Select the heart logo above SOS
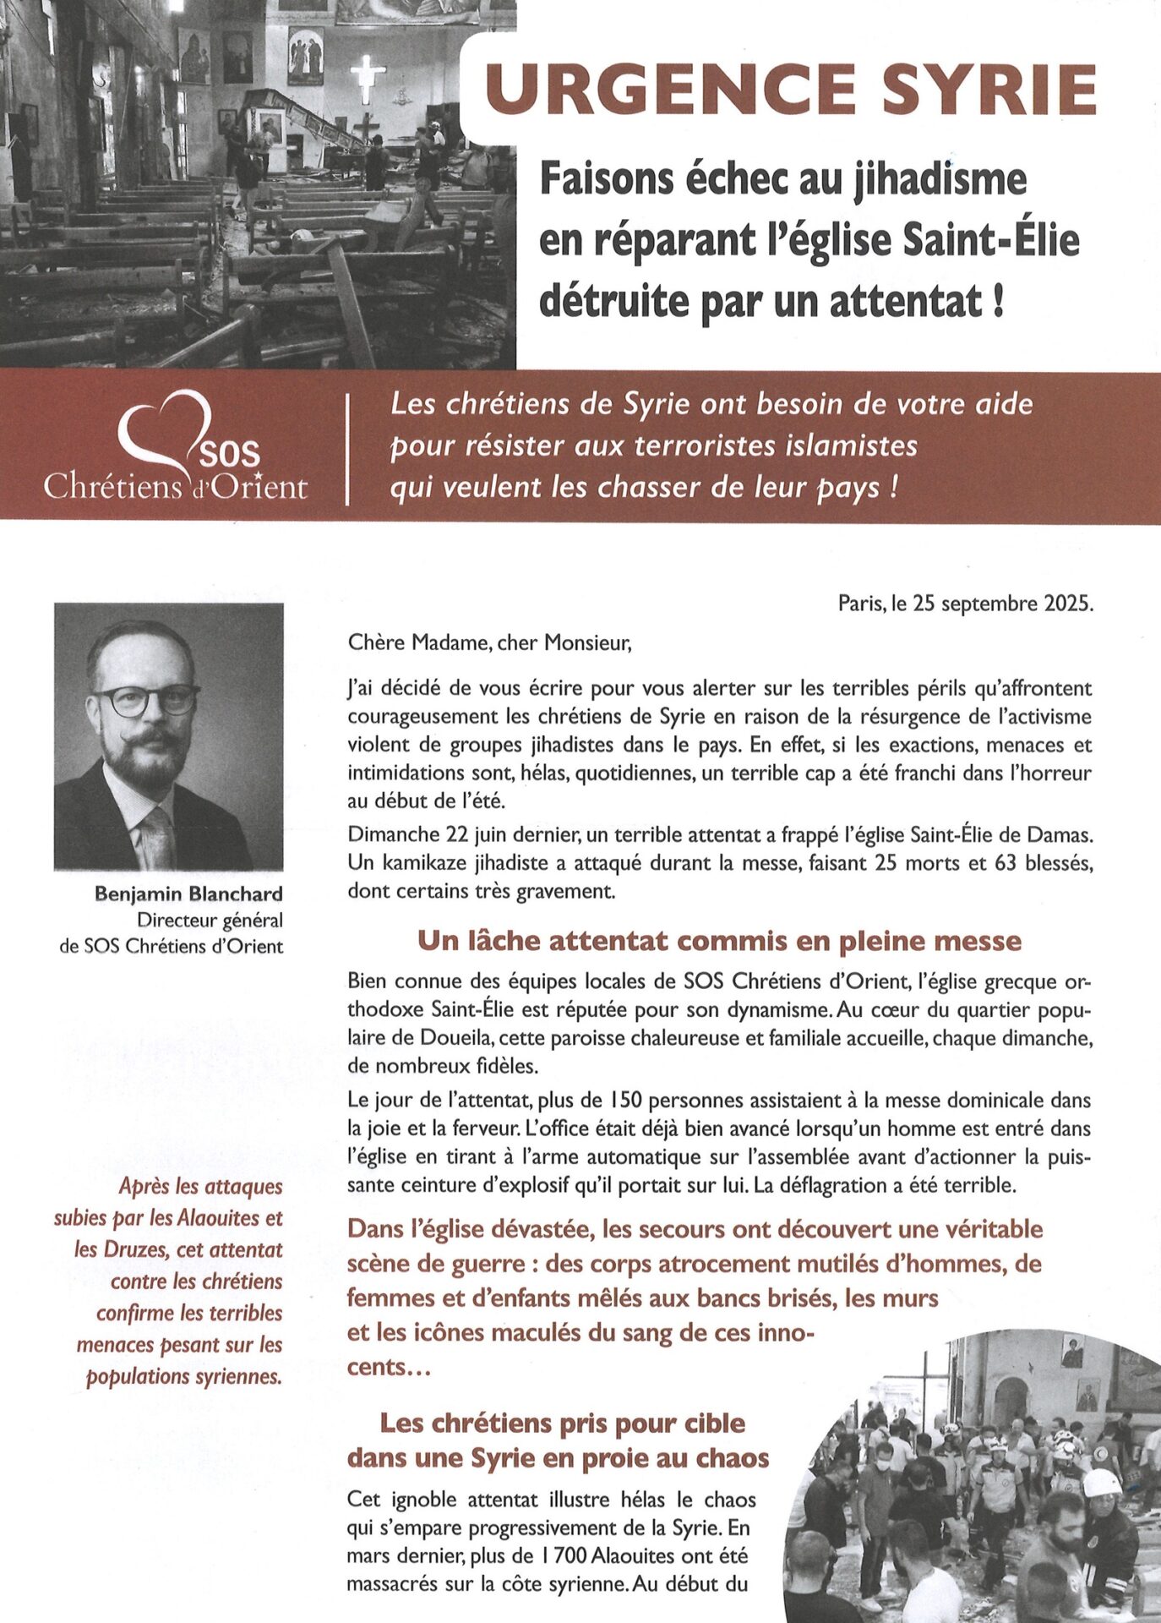(165, 427)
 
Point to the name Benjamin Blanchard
(188, 894)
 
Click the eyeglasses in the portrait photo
(145, 700)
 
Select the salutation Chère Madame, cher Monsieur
(489, 643)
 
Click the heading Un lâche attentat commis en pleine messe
(719, 941)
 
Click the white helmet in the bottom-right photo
(1102, 1484)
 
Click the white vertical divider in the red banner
(348, 448)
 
